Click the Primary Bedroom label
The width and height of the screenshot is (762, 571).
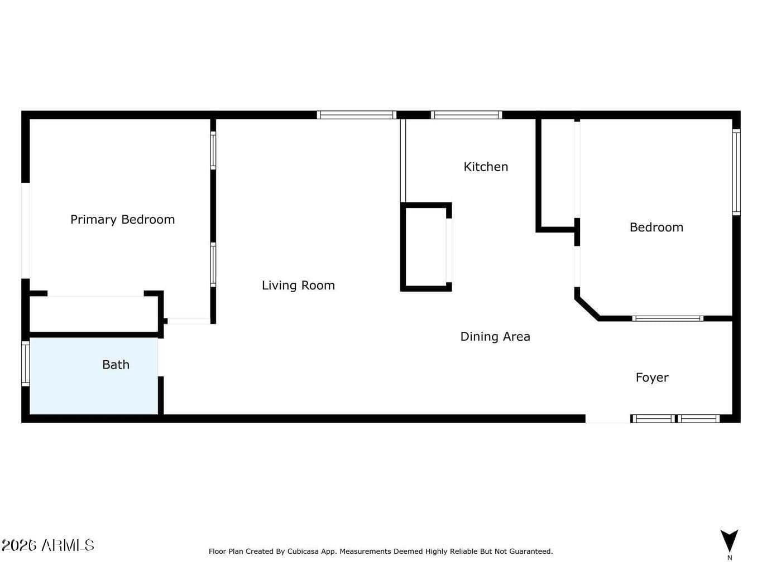pos(123,220)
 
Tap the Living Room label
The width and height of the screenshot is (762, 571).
pos(298,285)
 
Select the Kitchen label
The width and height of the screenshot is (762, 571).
pos(486,167)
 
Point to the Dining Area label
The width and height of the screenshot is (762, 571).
pos(495,337)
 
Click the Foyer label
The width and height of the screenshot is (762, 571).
pos(652,378)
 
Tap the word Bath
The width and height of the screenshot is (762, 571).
pos(116,365)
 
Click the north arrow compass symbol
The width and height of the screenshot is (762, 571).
pos(729,541)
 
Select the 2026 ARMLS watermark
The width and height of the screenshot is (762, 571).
pos(47,545)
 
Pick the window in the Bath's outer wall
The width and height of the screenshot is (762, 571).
pos(25,364)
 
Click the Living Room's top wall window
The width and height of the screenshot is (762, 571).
pos(357,115)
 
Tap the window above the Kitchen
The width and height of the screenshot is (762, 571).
pos(466,115)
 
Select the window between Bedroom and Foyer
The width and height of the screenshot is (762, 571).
pos(668,318)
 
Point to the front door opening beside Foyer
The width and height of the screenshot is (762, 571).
pos(608,419)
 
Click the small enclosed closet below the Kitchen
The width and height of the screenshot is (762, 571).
pos(426,247)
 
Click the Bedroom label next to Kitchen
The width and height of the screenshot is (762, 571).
pos(656,228)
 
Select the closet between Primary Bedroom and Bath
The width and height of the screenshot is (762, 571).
pos(94,314)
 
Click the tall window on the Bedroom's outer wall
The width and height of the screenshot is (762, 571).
pos(736,172)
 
